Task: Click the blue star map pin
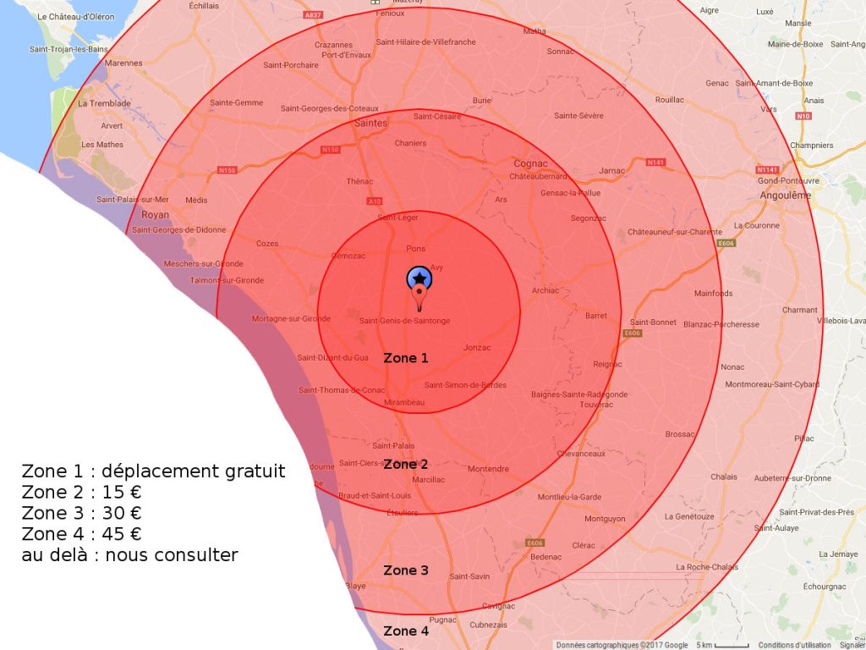click(419, 279)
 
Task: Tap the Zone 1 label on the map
click(406, 358)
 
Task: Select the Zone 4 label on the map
click(406, 631)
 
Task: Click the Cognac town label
click(531, 163)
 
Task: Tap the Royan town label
click(156, 215)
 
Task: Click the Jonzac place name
click(478, 348)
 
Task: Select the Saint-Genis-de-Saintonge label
click(404, 321)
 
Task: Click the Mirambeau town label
click(404, 403)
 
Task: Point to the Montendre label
click(488, 469)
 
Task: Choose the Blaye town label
click(355, 586)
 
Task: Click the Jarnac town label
click(611, 171)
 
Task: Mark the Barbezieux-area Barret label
click(596, 316)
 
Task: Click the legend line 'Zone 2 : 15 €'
click(81, 493)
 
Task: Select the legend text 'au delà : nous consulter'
click(129, 556)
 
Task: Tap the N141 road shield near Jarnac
click(655, 162)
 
